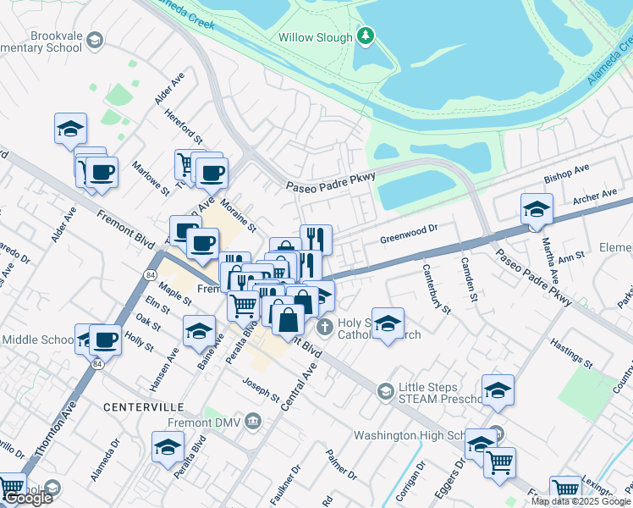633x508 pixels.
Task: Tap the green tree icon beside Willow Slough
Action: coord(365,36)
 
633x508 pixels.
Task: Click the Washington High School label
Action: coord(409,435)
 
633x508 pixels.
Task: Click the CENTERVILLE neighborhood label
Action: coord(143,407)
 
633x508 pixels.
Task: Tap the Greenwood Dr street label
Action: coord(407,228)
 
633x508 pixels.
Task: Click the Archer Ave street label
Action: coord(595,198)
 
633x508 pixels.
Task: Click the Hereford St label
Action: coord(184,125)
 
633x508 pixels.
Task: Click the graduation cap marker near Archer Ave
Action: coord(536,208)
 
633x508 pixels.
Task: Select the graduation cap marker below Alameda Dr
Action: coord(168,445)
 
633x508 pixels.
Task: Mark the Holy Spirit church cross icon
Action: coord(322,327)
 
